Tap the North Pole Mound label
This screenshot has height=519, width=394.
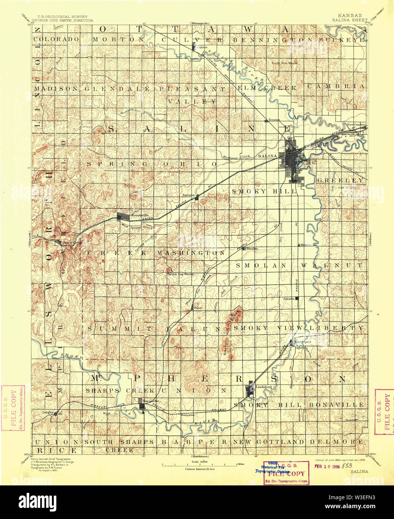click(285, 63)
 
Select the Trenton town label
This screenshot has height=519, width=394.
click(274, 120)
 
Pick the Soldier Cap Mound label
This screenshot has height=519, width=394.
click(180, 274)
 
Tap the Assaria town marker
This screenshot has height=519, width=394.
click(297, 298)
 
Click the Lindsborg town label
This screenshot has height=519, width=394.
click(263, 387)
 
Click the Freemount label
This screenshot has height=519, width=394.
click(188, 415)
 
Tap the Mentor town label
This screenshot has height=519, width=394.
click(306, 245)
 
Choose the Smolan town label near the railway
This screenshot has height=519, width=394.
click(252, 248)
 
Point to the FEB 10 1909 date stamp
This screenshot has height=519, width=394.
click(327, 466)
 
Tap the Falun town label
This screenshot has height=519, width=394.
click(198, 308)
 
